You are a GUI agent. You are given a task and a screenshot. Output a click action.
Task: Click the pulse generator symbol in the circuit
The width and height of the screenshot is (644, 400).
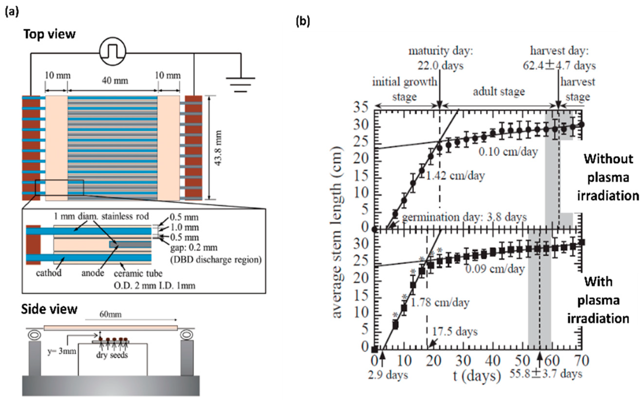(113, 51)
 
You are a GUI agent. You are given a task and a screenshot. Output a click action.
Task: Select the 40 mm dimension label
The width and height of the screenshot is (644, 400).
(115, 80)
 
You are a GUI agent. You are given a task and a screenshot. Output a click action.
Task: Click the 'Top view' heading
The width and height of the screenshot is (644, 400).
(50, 34)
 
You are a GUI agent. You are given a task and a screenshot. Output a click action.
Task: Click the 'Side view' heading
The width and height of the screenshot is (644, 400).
(49, 309)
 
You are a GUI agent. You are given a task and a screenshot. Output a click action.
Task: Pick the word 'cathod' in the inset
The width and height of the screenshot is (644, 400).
(49, 273)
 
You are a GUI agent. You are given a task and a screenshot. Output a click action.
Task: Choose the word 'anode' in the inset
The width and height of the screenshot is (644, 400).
(92, 273)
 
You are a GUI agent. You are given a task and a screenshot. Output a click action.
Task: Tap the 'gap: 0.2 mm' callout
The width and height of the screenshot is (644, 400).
(194, 248)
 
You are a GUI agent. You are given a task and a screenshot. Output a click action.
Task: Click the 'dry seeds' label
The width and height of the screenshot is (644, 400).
(112, 355)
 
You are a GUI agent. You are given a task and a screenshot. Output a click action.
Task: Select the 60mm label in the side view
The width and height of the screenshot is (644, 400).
(110, 314)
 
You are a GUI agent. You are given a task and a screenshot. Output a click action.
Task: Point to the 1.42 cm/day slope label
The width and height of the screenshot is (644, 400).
(455, 175)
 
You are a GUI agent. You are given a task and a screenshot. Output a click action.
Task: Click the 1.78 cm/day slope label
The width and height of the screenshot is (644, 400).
(440, 302)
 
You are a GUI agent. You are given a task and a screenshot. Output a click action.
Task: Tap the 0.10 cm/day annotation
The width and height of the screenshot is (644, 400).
(508, 152)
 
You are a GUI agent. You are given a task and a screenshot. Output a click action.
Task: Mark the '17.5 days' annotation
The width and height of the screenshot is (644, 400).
(455, 332)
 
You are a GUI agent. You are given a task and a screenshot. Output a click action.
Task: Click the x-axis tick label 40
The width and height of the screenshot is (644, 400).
(493, 361)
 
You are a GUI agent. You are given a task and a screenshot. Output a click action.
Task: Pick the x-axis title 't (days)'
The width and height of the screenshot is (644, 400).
(477, 376)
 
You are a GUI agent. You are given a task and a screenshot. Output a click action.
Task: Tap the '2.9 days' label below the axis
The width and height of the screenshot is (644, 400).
(388, 375)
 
